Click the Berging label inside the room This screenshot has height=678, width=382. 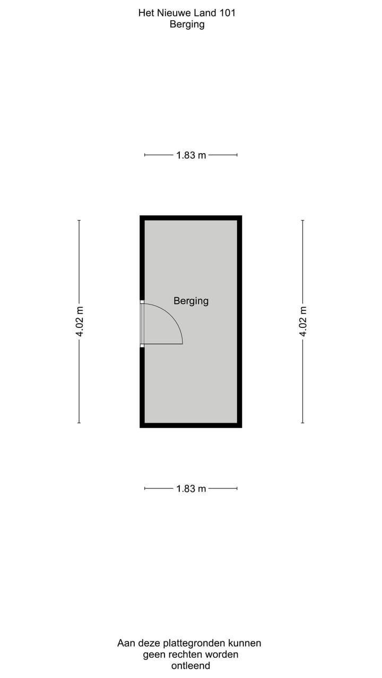click(191, 301)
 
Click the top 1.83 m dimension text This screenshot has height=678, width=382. click(191, 155)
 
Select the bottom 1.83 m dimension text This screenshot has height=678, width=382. click(191, 488)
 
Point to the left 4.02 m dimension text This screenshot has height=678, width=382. click(80, 322)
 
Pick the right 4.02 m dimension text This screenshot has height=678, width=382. click(303, 322)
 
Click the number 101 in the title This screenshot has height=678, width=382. click(227, 13)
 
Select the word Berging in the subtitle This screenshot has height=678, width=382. click(187, 24)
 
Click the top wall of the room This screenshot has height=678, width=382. click(191, 218)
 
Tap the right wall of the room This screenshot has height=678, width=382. click(239, 322)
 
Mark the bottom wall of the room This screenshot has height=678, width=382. click(191, 425)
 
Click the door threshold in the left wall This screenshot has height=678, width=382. click(142, 324)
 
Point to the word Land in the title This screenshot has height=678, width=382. click(203, 13)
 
